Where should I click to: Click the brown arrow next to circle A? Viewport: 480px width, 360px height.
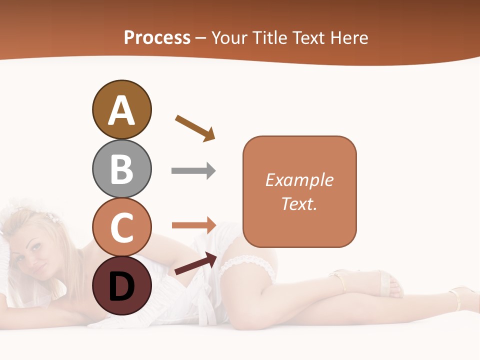point(195,128)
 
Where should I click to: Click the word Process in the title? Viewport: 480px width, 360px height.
point(157,38)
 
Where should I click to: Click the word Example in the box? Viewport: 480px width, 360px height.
point(299,180)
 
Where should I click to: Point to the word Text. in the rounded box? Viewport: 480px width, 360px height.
point(299,203)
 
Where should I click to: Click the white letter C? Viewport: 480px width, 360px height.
point(121,227)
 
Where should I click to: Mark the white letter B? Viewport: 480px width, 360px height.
point(121,169)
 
